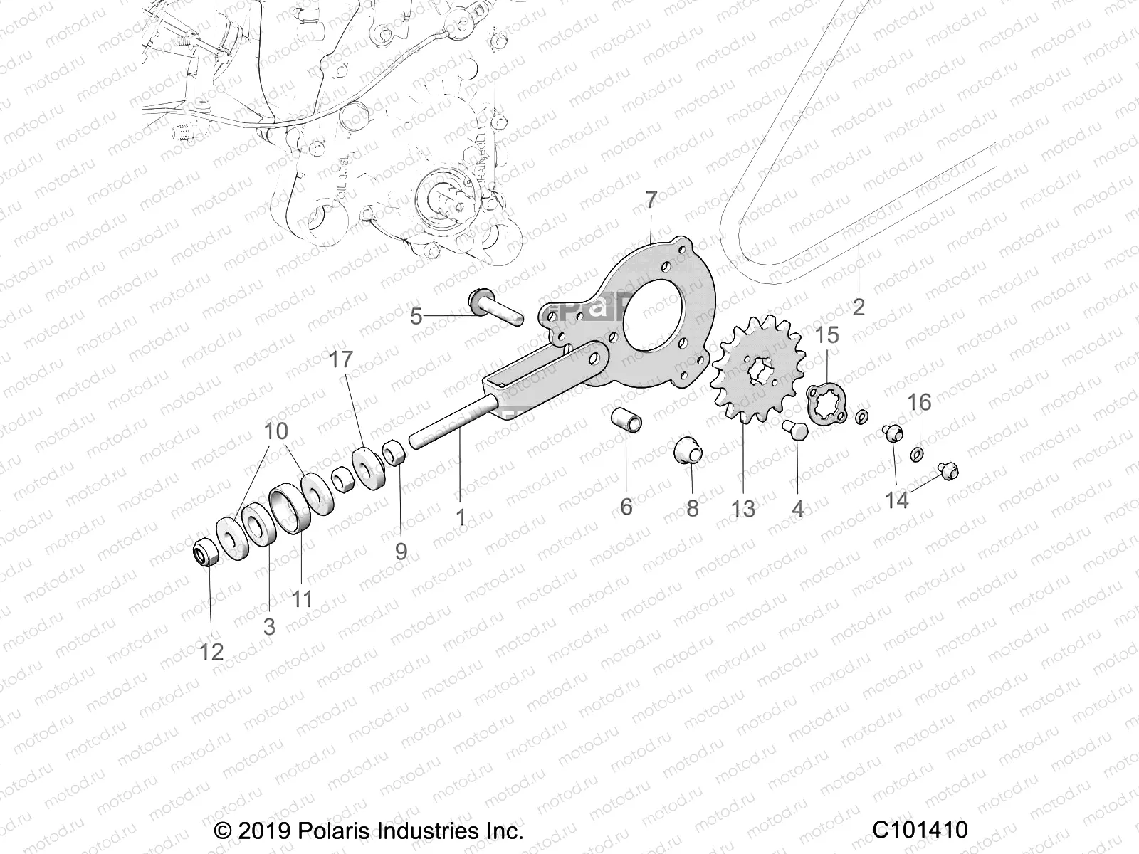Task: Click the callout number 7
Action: click(651, 200)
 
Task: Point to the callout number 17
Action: click(341, 360)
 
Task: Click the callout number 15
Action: click(827, 334)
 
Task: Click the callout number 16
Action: click(919, 402)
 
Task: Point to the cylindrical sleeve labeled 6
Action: click(627, 419)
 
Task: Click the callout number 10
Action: click(276, 431)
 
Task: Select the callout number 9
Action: click(401, 550)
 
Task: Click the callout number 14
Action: click(897, 500)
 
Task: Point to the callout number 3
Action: click(269, 626)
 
